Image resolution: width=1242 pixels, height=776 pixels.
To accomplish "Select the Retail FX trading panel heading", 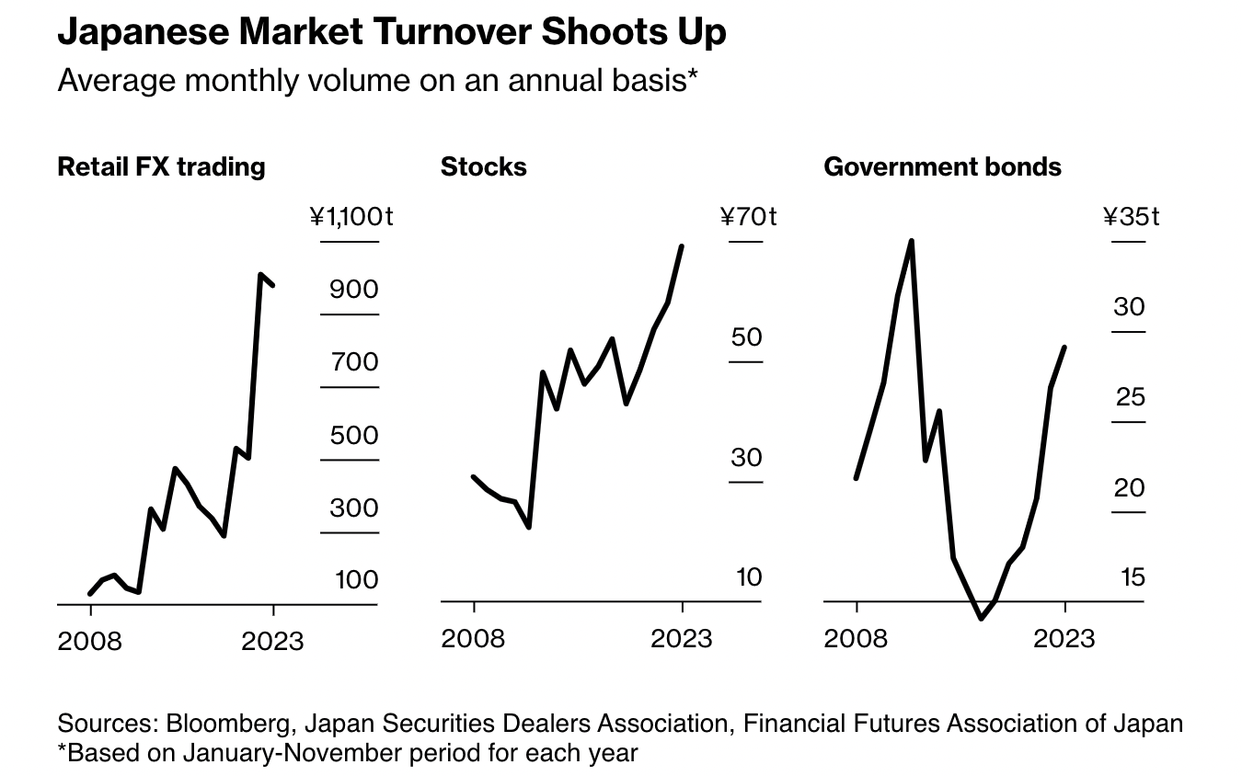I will point(161,166).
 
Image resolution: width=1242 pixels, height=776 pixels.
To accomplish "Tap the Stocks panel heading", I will point(484,166).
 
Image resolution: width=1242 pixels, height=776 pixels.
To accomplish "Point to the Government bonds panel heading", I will point(942,166).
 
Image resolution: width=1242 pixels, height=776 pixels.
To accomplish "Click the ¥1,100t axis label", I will point(351,217).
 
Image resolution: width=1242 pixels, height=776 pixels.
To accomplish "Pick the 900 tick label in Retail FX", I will point(354,290).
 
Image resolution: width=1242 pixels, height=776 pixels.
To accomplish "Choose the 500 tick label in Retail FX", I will point(354,435).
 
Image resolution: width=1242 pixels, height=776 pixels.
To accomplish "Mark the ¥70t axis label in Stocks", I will point(748,217).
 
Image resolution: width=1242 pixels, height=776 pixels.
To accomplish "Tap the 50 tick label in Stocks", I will point(747,337).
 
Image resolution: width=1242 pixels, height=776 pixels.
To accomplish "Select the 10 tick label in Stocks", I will point(747,577).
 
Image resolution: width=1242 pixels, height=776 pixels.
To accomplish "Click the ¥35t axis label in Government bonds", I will point(1131,217).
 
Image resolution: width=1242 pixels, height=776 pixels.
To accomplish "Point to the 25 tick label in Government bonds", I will point(1130,397).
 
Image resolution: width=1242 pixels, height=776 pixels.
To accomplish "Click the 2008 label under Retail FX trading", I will point(89,640).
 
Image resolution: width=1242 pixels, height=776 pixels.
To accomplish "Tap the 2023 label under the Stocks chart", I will point(682,637).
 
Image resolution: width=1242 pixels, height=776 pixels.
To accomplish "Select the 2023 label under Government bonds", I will point(1064,637).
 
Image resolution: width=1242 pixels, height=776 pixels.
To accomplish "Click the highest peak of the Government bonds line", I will point(911,241).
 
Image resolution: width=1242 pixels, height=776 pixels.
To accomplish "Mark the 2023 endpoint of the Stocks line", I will point(682,246).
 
